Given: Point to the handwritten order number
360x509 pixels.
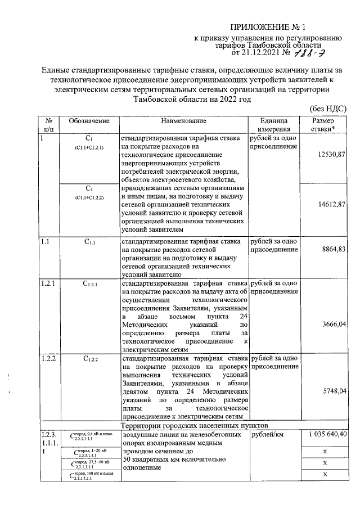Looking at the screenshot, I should pos(309,53).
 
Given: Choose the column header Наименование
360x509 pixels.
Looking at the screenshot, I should pos(183,121).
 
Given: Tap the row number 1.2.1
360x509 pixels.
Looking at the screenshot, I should pos(47,283).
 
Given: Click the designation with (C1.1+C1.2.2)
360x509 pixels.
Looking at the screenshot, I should pos(89,193).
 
